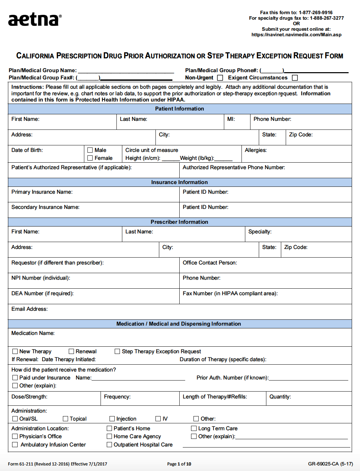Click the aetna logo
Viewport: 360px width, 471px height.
(x=35, y=20)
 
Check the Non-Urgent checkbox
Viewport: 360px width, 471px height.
(x=220, y=78)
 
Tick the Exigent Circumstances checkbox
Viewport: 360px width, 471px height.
(x=295, y=78)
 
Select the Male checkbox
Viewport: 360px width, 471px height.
(x=90, y=150)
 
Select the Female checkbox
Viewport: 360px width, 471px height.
(x=90, y=158)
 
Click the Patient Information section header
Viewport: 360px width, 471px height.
(x=179, y=109)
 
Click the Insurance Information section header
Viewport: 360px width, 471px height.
(x=179, y=182)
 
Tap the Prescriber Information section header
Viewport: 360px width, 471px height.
(x=179, y=222)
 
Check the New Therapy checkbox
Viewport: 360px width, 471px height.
(x=15, y=352)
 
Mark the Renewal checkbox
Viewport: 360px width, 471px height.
(x=72, y=352)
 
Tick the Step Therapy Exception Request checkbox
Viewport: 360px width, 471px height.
(x=117, y=352)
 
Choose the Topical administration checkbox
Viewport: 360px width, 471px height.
(x=66, y=419)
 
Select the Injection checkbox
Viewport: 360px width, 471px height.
(x=112, y=419)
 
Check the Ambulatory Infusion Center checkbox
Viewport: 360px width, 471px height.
(x=15, y=445)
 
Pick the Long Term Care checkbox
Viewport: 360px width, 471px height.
(x=194, y=429)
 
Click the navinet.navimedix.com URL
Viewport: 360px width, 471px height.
(x=296, y=35)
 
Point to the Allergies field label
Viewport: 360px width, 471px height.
(x=256, y=150)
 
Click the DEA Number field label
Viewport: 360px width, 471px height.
(x=42, y=294)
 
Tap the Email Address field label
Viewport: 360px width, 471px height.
(x=29, y=309)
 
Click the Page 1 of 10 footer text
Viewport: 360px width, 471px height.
(x=179, y=464)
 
